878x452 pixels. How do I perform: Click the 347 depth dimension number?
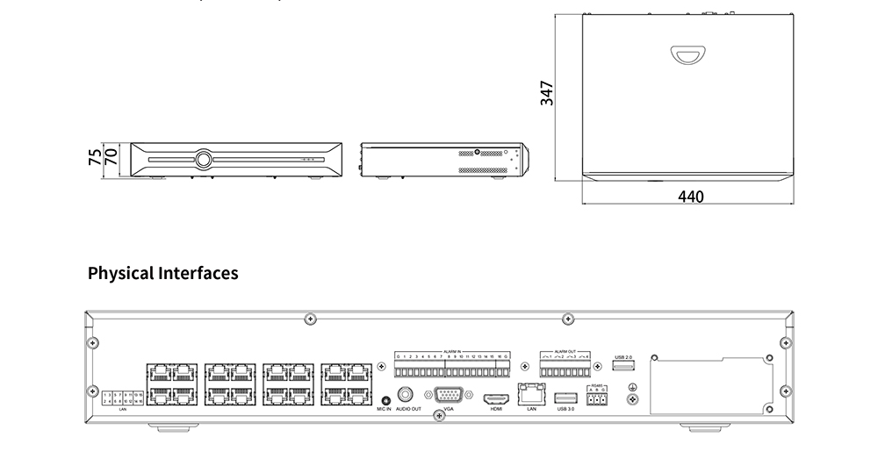coord(546,94)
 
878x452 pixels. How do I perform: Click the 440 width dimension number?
coord(691,197)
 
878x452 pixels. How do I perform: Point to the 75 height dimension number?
coord(95,158)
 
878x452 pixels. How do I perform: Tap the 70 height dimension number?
coord(112,158)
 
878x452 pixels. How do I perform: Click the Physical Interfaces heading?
coord(162,273)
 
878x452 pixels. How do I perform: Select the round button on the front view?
coord(204,160)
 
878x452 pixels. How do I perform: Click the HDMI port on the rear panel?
coord(496,397)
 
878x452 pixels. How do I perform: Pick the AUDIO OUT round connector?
coord(407,394)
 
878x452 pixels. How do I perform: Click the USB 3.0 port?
coord(565,397)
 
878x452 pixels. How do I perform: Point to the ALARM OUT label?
coord(565,350)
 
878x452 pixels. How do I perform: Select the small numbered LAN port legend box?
coord(122,398)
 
